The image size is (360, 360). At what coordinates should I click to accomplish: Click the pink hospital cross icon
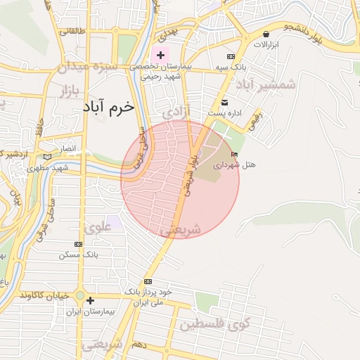pyautogui.click(x=161, y=55)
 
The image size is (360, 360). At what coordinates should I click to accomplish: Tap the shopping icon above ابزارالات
pyautogui.click(x=266, y=34)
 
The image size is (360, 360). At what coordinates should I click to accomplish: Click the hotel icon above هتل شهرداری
pyautogui.click(x=235, y=154)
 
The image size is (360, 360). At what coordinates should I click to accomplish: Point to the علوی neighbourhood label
pyautogui.click(x=97, y=227)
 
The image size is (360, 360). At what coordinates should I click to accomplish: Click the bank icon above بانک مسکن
pyautogui.click(x=78, y=244)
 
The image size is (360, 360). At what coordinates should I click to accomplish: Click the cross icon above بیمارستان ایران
pyautogui.click(x=89, y=301)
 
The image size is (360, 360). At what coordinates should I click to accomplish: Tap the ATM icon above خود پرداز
pyautogui.click(x=148, y=281)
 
